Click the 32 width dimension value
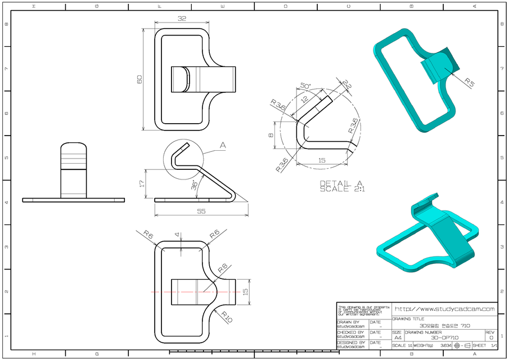click(182, 19)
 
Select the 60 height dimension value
click(139, 79)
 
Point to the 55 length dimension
click(201, 211)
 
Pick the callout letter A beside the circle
click(223, 145)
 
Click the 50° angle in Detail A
click(306, 85)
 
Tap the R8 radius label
click(222, 269)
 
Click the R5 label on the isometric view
click(470, 82)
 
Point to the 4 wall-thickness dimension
click(177, 234)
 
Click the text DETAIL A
click(341, 183)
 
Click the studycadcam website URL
click(444, 309)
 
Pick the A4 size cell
click(398, 337)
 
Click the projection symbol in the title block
click(461, 345)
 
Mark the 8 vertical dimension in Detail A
click(271, 136)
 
